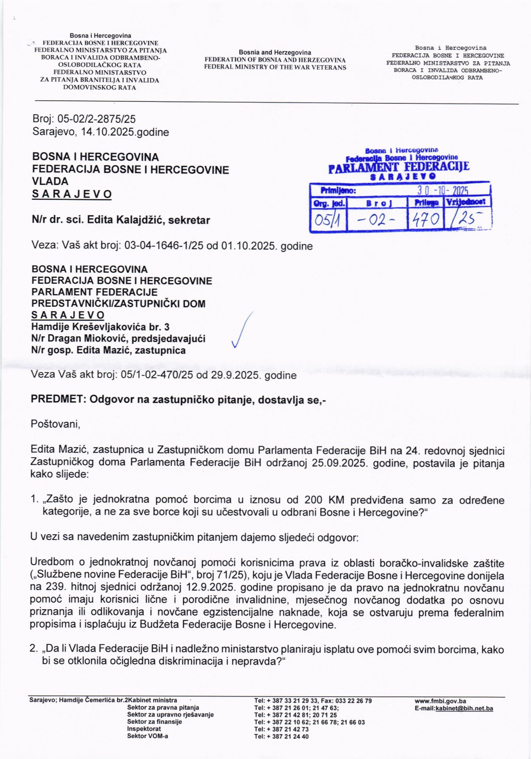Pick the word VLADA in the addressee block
pos(50,181)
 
